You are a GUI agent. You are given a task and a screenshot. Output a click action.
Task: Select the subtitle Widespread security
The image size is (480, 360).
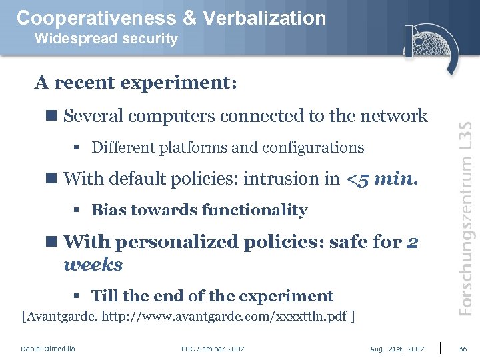tap(106, 39)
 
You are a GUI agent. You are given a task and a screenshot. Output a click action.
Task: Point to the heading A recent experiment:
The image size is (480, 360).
tap(136, 83)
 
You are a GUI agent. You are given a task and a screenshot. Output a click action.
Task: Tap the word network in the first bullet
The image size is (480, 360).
tap(394, 116)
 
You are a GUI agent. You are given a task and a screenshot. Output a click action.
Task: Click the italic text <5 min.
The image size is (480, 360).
tap(382, 179)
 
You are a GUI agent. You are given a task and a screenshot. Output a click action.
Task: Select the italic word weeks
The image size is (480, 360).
tap(93, 265)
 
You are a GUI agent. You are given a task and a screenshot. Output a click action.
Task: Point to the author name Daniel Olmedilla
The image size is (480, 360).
tap(48, 349)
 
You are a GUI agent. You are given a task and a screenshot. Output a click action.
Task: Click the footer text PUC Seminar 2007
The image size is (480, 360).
tap(213, 349)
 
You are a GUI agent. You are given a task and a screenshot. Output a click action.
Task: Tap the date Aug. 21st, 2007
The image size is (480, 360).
tap(397, 349)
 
